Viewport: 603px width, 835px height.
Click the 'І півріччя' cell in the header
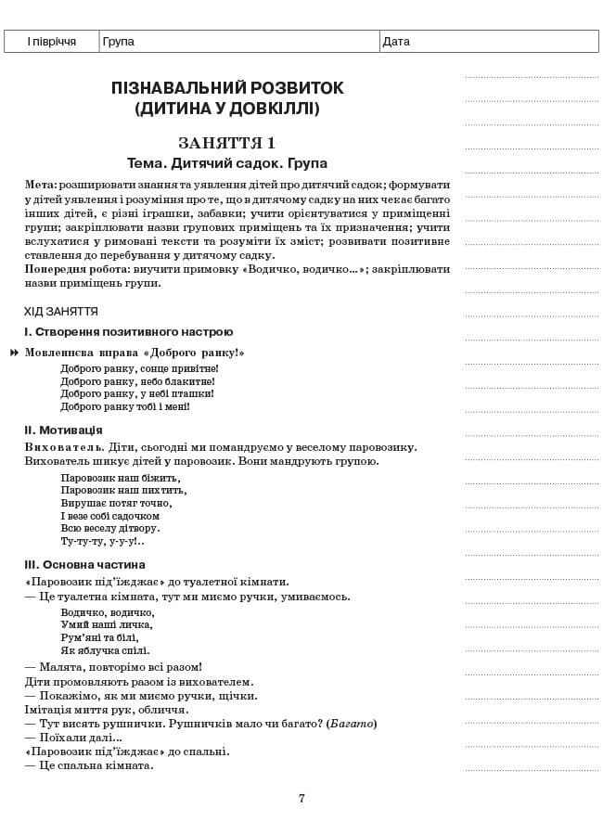(x=51, y=42)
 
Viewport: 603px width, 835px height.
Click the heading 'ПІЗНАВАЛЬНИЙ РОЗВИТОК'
(x=227, y=88)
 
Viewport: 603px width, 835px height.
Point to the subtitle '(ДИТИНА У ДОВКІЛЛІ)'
(x=227, y=109)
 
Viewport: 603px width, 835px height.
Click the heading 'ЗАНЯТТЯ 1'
(x=227, y=143)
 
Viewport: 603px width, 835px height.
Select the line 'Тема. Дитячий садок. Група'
(x=227, y=163)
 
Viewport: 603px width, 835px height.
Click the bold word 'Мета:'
(x=41, y=186)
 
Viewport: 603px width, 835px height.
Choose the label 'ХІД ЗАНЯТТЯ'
(x=61, y=312)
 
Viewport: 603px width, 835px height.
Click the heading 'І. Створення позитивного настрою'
(x=128, y=332)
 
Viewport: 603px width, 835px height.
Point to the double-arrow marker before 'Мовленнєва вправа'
(x=15, y=353)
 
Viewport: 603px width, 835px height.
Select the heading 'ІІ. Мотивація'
(x=63, y=430)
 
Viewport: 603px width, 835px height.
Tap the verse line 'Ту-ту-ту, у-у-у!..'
(x=102, y=541)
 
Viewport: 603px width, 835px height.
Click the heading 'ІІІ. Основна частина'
(x=84, y=564)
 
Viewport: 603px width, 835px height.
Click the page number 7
(x=301, y=798)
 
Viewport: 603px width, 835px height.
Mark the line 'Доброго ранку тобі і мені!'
(x=125, y=406)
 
